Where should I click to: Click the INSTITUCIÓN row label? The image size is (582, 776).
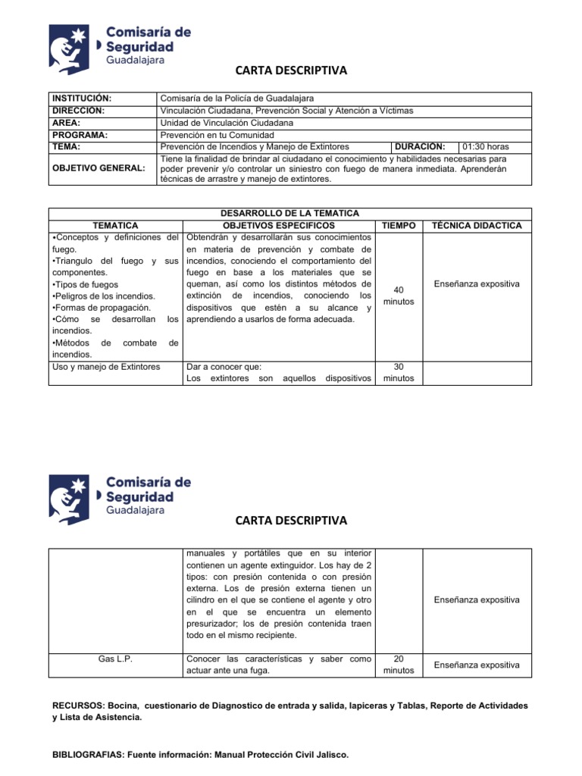[x=81, y=99]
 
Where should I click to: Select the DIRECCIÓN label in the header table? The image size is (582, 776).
[x=79, y=111]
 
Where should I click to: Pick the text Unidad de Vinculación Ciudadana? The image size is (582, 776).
[x=227, y=123]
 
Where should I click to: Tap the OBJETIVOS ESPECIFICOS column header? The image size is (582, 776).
[x=278, y=226]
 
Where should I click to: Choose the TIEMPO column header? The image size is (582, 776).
[x=399, y=226]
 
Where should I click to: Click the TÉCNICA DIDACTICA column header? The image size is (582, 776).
[x=477, y=226]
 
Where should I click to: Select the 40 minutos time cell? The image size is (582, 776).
[x=399, y=296]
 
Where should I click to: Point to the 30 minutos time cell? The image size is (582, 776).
[x=399, y=372]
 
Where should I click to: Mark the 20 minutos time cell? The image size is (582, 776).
[x=399, y=665]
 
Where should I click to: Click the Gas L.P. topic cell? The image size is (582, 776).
[x=115, y=659]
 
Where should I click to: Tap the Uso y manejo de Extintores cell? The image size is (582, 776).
[x=106, y=367]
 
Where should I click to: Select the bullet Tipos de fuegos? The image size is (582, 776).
[x=80, y=284]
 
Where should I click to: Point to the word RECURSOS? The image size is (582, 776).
[x=78, y=706]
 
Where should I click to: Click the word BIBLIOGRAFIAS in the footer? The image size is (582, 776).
[x=87, y=755]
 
